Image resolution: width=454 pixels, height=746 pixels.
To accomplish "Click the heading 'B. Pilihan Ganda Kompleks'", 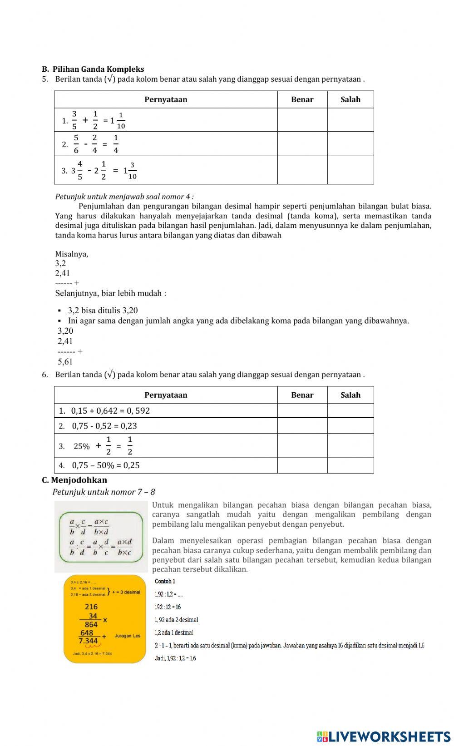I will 93,69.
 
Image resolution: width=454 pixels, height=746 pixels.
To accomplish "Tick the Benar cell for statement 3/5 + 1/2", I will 302,120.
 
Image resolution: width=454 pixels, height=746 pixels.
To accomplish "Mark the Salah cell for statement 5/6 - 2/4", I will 350,143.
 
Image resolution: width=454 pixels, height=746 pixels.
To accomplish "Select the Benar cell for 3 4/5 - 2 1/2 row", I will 302,170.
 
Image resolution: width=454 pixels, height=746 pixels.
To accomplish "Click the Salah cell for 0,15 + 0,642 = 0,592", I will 350,410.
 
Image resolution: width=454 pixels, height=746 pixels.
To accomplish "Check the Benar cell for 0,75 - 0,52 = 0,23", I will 302,425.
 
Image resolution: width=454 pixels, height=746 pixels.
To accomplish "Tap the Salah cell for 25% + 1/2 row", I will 350,445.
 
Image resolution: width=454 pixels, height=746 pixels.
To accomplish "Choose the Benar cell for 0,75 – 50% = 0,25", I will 302,465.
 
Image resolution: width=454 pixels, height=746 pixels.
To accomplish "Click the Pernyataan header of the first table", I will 166,99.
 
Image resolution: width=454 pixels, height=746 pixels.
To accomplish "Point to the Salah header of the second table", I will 350,395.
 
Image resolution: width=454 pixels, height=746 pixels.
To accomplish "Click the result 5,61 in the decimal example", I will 65,362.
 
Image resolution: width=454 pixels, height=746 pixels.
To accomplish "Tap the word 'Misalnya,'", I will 72,254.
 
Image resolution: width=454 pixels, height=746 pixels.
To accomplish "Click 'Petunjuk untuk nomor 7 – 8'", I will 104,492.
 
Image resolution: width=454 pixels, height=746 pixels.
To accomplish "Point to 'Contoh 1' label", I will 165,581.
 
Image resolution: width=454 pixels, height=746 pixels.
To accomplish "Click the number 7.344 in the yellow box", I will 89,641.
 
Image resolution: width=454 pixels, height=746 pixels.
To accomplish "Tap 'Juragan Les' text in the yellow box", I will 128,636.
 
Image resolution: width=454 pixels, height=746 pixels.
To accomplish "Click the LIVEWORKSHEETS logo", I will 383,736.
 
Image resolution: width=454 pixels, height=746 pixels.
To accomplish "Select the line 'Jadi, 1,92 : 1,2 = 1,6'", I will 175,658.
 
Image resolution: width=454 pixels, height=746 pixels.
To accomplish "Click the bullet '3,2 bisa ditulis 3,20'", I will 103,311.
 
